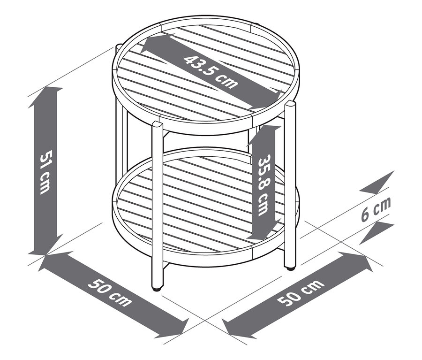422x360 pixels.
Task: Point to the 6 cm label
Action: coord(376,210)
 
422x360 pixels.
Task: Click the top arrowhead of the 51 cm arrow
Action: coord(46,94)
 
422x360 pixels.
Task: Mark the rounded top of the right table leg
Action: coord(291,104)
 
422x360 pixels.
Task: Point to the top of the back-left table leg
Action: coord(118,46)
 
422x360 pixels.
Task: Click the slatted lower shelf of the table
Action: coord(206,207)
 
